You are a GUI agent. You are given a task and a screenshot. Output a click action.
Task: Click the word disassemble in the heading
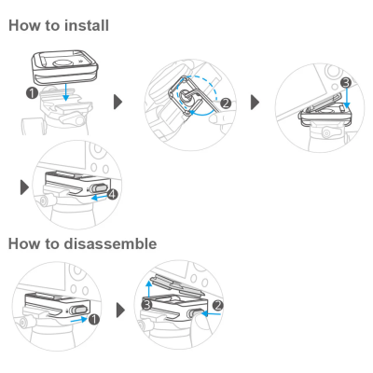click(110, 243)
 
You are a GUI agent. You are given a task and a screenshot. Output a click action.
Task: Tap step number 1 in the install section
click(32, 93)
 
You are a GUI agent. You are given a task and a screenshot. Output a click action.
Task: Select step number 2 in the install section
click(226, 103)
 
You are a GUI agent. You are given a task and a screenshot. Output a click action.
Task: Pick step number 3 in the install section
click(346, 83)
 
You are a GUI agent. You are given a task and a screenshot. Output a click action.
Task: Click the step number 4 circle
click(112, 194)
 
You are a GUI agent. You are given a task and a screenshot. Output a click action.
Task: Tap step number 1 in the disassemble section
click(93, 319)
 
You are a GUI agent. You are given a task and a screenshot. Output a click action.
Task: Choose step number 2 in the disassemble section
click(218, 305)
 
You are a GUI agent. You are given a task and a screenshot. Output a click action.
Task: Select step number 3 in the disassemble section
click(147, 305)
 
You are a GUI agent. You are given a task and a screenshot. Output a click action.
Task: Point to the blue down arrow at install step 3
click(347, 98)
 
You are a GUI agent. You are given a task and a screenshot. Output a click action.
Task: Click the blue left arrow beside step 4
click(99, 197)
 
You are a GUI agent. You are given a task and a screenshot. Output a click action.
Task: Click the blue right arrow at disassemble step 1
click(79, 319)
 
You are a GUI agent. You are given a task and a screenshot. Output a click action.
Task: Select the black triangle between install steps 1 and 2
click(117, 102)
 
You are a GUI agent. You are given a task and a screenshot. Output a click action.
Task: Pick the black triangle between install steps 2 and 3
click(255, 102)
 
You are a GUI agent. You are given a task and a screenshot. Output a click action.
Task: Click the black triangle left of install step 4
click(24, 187)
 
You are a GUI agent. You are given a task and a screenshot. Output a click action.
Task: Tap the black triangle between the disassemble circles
click(120, 310)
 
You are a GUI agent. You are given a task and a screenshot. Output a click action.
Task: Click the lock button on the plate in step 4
click(98, 188)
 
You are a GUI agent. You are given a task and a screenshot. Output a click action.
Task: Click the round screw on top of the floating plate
click(62, 63)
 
